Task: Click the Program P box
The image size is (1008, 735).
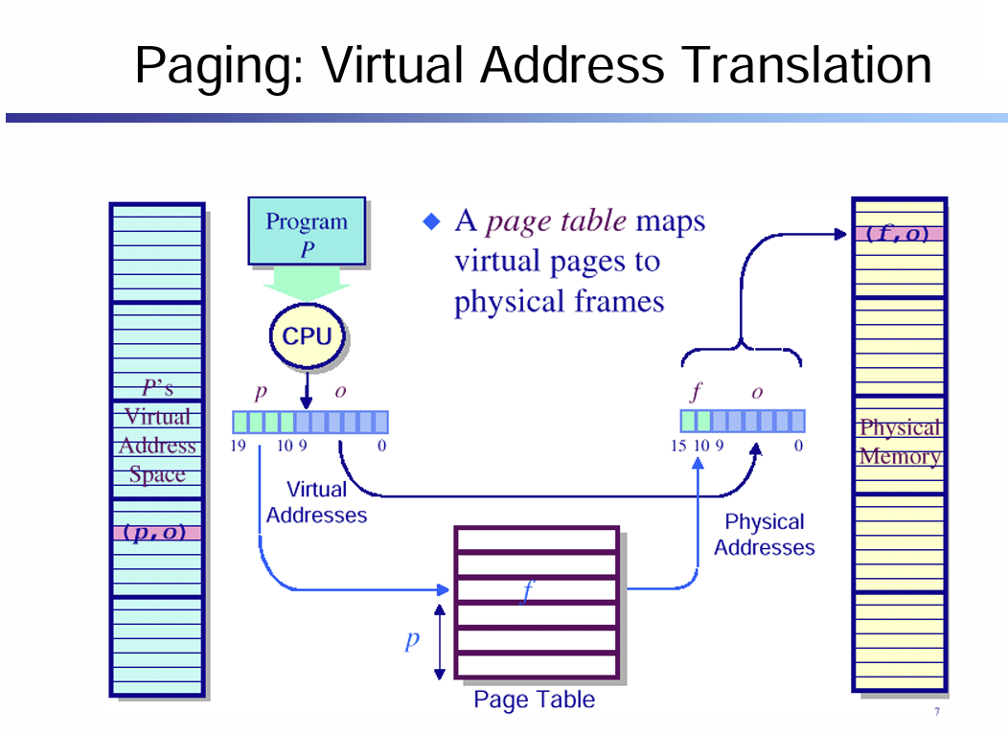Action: [307, 231]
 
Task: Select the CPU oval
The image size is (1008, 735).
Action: [308, 335]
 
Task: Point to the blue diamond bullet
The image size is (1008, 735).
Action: [431, 222]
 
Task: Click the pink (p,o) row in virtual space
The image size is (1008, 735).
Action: [157, 533]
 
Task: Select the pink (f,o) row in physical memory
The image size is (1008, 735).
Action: [899, 234]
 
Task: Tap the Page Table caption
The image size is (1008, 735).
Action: [535, 700]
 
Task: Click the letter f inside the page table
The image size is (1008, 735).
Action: [528, 589]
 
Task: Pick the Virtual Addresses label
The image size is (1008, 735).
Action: [316, 502]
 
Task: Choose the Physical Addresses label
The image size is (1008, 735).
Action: [765, 535]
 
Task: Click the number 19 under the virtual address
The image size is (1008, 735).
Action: [238, 446]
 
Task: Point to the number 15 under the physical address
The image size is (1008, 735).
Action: [678, 446]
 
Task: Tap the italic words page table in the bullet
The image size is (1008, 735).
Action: [556, 220]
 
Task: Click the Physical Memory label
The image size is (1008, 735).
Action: [900, 442]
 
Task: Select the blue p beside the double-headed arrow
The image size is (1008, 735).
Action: [412, 640]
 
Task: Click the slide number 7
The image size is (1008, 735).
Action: [937, 711]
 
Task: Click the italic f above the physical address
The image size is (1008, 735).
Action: [696, 391]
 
